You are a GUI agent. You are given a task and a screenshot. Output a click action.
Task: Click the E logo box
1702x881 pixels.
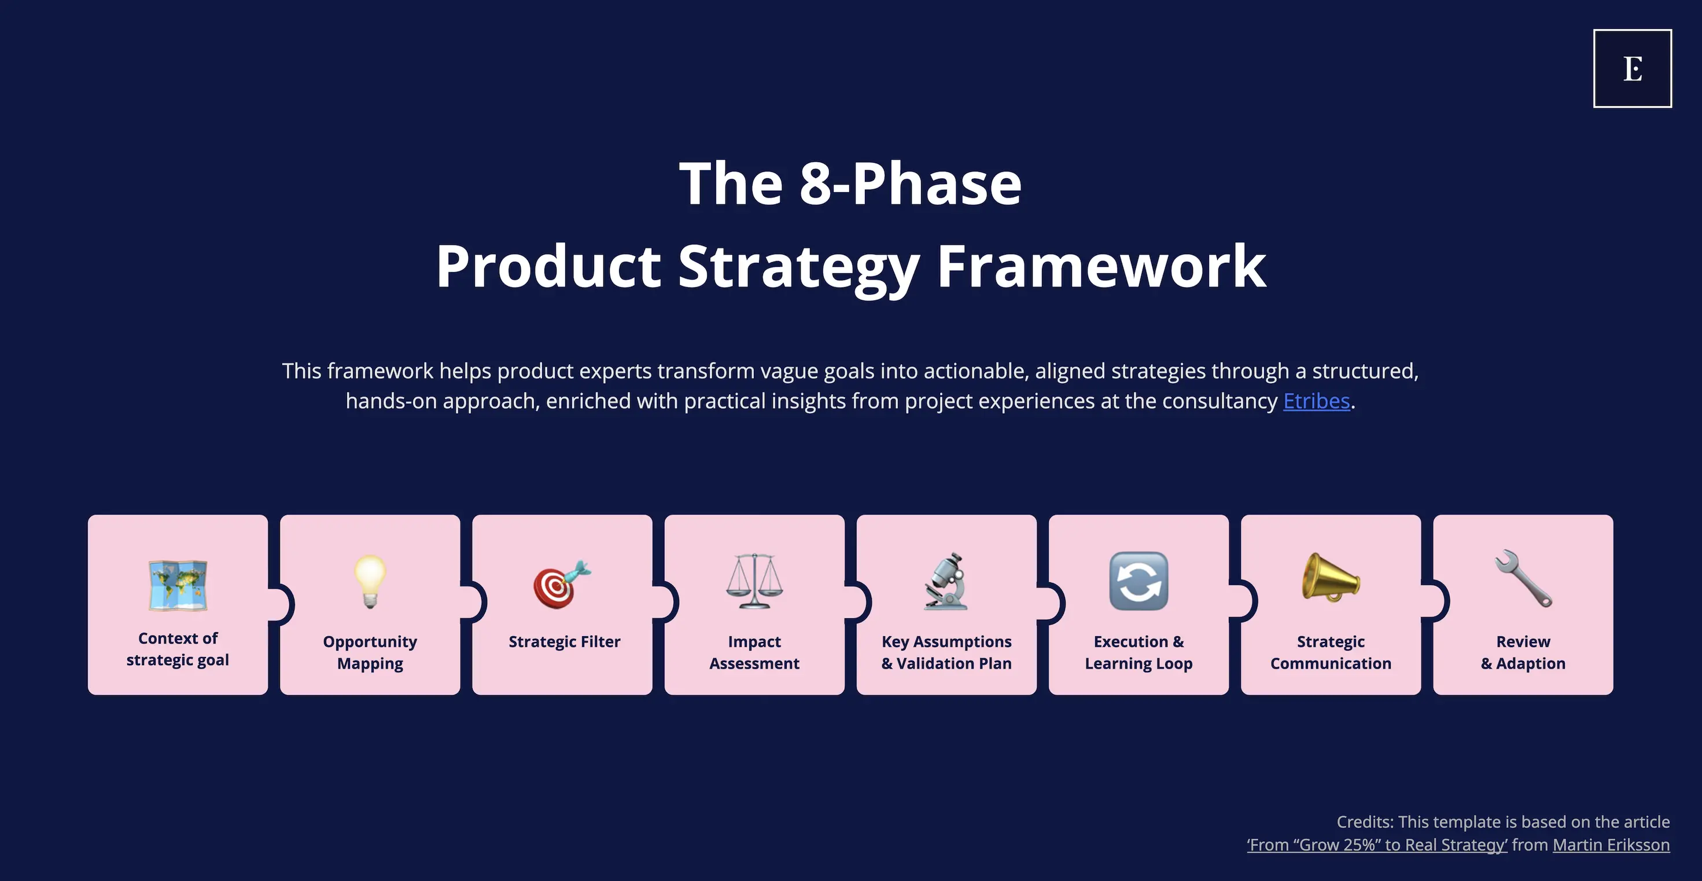point(1632,68)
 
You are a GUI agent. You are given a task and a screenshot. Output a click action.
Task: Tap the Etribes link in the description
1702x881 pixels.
point(1316,401)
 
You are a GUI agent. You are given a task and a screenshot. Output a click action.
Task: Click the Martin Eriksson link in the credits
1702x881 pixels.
point(1611,845)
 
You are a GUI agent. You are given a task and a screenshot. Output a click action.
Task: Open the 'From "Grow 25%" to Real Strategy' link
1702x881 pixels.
point(1377,845)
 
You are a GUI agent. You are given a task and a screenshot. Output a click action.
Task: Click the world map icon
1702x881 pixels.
point(178,585)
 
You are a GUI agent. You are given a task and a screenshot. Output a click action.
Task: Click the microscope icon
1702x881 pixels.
point(946,582)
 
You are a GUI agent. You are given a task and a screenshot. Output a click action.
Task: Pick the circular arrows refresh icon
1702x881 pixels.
point(1139,581)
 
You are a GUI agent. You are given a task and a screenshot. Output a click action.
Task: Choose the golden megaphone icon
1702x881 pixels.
point(1331,578)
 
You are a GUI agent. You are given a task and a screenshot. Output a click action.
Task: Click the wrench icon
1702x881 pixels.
point(1523,578)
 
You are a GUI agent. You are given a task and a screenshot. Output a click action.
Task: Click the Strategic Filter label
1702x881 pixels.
point(564,642)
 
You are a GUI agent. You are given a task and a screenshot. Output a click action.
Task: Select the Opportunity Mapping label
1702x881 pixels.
point(370,652)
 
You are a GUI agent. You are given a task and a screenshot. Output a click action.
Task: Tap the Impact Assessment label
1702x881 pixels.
point(754,652)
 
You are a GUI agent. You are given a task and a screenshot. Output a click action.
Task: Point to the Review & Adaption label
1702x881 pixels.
point(1523,652)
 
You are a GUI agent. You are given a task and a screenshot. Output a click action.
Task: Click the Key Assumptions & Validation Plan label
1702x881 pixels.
point(946,652)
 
